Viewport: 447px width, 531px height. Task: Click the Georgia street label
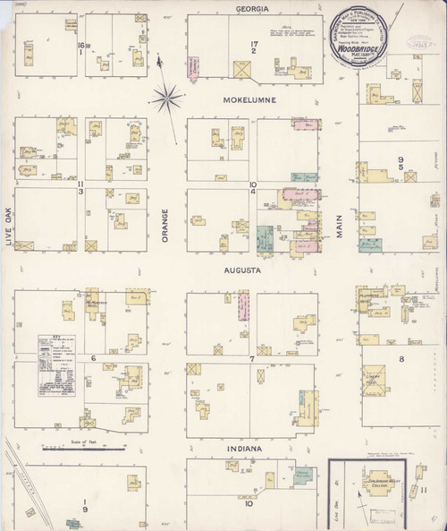coord(252,9)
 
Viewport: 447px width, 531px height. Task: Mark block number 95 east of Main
coord(402,164)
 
